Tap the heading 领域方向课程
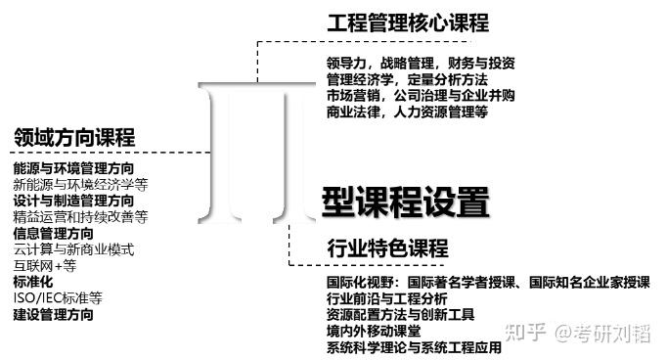click(74, 137)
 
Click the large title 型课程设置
click(405, 202)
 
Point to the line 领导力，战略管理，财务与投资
click(421, 64)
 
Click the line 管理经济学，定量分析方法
click(407, 79)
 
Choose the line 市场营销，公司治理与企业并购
click(421, 96)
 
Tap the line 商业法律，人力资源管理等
click(407, 112)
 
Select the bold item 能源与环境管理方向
click(74, 168)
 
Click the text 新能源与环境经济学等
click(80, 184)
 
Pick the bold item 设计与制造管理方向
click(74, 201)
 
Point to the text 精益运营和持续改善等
click(80, 216)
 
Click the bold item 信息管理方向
click(54, 233)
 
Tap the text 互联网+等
click(44, 265)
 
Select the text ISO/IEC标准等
click(58, 297)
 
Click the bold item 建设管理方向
click(54, 314)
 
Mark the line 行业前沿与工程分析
click(386, 298)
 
